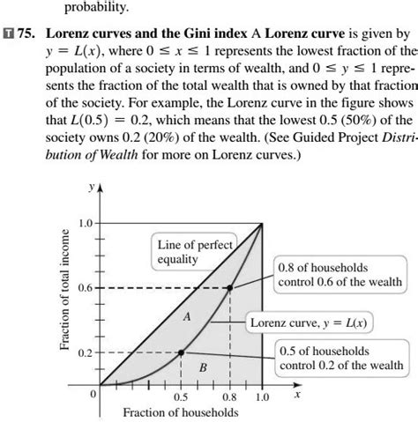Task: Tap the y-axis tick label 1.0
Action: coord(85,223)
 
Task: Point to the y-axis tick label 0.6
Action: coord(85,288)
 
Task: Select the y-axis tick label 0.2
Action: coord(85,352)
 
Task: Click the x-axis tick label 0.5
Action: coord(181,397)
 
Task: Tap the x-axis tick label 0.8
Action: coord(229,397)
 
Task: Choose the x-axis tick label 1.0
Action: coord(262,397)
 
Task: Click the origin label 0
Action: coord(92,395)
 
